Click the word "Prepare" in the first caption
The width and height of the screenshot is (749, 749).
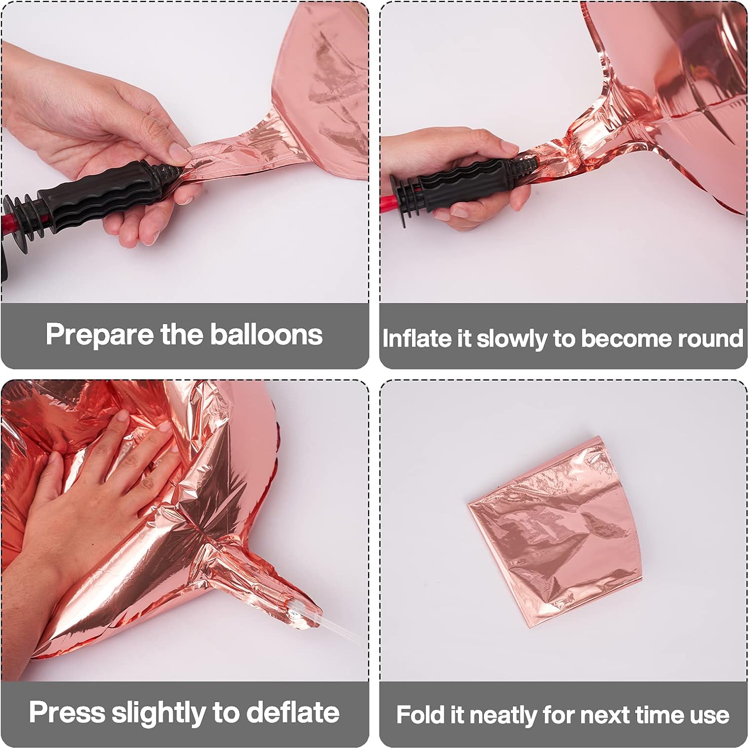point(99,335)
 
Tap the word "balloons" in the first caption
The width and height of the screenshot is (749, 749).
point(266,334)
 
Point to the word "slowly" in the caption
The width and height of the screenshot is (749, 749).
point(512,340)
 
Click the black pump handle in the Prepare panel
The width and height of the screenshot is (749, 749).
point(107,195)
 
